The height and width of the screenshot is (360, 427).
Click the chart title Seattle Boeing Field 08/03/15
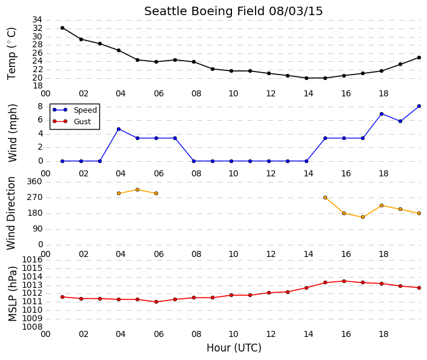(233, 12)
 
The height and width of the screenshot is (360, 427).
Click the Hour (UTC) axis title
(234, 348)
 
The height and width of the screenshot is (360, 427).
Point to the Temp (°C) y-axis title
(12, 54)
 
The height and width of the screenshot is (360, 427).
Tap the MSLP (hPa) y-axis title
(12, 294)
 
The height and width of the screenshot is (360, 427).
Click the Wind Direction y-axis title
(11, 213)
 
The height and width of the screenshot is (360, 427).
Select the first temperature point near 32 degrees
(62, 28)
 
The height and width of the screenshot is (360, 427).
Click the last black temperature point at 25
(419, 58)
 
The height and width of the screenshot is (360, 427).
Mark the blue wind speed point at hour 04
(119, 129)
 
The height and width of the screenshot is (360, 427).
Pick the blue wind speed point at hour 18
(382, 114)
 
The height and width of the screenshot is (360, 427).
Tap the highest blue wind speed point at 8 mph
(419, 106)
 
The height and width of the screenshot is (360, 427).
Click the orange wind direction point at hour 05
(137, 190)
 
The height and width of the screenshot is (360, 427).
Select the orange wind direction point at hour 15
(325, 198)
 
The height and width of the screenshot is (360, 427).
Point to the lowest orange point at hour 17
(363, 217)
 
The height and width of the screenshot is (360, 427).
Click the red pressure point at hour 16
(344, 281)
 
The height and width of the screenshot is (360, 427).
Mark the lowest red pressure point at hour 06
(156, 302)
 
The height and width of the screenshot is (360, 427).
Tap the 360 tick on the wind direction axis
(35, 182)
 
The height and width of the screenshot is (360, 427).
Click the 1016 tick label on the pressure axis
(32, 260)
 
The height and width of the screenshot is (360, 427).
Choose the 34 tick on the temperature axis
(38, 19)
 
